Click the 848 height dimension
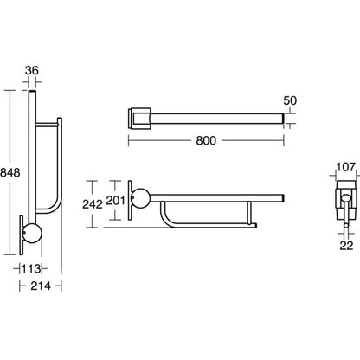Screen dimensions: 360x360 [10, 172]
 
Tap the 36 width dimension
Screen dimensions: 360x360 [32, 70]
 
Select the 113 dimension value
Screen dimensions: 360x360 [31, 269]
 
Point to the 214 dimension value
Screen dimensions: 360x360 [41, 286]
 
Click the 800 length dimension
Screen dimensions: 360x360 [206, 140]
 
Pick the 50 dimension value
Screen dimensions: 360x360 [290, 100]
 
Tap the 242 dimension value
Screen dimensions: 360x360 [93, 204]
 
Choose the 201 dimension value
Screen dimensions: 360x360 [115, 201]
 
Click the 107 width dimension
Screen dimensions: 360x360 [345, 167]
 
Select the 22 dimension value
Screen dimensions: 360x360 [346, 246]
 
